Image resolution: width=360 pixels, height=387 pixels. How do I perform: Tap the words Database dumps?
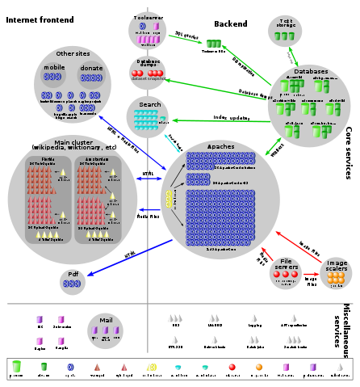(x=148, y=64)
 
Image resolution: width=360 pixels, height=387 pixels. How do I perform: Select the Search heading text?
(x=149, y=105)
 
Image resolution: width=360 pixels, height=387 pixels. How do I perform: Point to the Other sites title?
(x=72, y=53)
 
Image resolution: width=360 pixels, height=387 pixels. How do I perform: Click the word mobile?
(x=54, y=68)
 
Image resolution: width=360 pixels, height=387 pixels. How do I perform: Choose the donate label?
(x=91, y=68)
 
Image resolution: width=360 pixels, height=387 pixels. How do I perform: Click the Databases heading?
(x=311, y=71)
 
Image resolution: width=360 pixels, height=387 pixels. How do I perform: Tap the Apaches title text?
(x=221, y=147)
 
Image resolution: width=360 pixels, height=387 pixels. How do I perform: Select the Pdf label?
(x=73, y=274)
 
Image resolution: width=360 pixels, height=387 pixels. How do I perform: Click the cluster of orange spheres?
(x=336, y=278)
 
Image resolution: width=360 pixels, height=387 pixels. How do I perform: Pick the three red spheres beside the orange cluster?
(x=285, y=275)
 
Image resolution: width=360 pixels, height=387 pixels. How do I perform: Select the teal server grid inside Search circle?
(x=145, y=120)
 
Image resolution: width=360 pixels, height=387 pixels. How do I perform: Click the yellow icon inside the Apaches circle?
(x=170, y=200)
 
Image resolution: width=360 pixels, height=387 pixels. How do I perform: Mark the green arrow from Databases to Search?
(x=218, y=121)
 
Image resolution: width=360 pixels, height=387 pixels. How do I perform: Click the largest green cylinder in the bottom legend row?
(x=16, y=367)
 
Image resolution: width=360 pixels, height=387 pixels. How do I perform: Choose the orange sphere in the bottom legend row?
(x=259, y=367)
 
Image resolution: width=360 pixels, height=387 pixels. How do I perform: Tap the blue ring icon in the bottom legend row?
(x=70, y=367)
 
